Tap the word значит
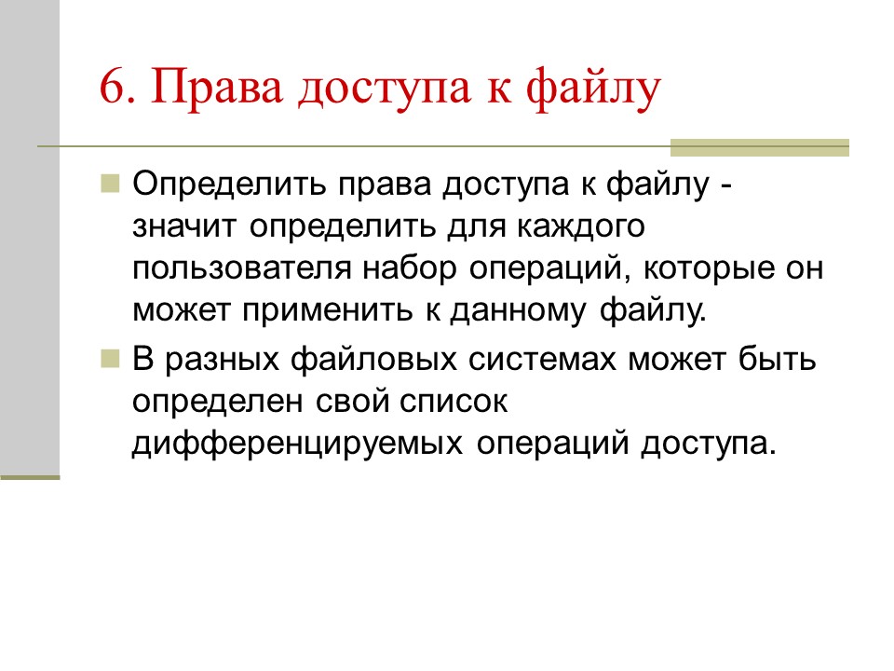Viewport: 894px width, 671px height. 187,226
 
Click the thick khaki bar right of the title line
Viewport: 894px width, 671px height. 760,147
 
